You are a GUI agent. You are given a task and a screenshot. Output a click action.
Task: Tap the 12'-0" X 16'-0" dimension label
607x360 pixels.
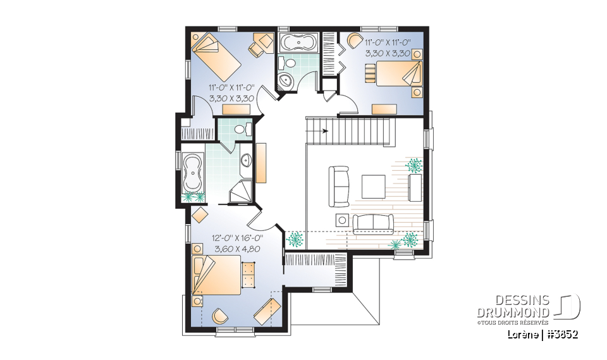[238, 238]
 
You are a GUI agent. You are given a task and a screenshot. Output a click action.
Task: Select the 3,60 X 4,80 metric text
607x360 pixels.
[238, 249]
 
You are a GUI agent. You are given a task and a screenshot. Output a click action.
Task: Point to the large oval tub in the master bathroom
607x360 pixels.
[192, 171]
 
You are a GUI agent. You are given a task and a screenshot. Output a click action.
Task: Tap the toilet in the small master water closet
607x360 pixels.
[240, 129]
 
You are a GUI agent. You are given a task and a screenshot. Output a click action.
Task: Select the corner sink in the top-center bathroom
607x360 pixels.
[285, 82]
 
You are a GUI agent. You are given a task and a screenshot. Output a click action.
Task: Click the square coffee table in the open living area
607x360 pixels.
[373, 187]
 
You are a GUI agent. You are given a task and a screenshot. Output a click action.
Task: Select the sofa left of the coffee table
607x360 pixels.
[338, 186]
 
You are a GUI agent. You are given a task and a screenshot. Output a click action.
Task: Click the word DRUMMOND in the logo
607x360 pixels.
[513, 311]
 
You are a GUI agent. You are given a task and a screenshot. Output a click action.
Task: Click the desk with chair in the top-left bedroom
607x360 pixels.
[259, 42]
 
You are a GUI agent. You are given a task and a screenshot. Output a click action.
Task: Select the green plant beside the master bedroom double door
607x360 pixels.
[295, 240]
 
